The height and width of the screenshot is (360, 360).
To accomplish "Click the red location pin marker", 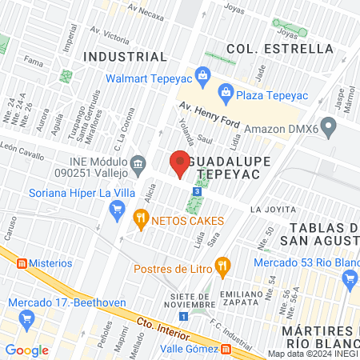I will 180,163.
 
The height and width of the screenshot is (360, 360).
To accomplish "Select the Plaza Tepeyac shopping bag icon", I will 226,93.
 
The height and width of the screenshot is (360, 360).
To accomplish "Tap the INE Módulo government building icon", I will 139,166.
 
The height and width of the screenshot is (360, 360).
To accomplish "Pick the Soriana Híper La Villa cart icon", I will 117,210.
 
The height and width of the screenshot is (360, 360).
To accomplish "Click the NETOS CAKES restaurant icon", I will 141,216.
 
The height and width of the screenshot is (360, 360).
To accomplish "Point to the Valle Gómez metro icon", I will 226,349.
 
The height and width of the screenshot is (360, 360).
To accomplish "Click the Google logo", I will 27,350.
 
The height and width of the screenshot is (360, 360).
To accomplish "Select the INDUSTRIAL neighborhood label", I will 126,57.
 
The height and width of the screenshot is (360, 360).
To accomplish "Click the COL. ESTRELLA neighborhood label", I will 279,49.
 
